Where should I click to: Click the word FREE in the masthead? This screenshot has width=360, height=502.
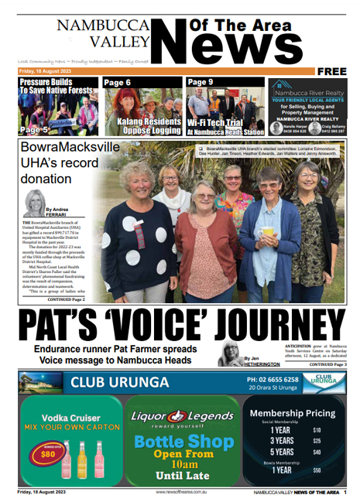tap(331, 71)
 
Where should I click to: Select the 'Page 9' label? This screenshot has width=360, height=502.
tap(201, 82)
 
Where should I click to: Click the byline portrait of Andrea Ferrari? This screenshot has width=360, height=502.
tap(36, 203)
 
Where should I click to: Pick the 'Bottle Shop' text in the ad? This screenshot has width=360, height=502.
tap(183, 442)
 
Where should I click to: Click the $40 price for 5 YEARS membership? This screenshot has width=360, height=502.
tap(316, 452)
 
